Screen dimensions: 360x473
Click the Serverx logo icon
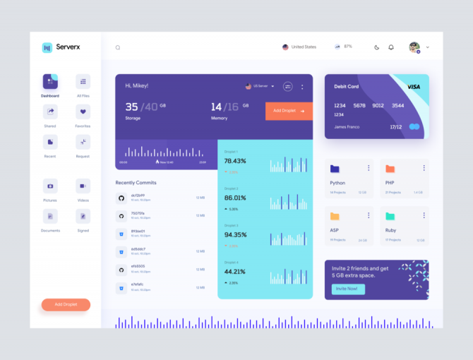click(47, 48)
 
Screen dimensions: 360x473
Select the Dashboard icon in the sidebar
click(50, 82)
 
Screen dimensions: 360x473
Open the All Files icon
click(83, 82)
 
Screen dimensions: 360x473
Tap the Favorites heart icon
click(83, 112)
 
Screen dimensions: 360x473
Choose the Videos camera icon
click(83, 186)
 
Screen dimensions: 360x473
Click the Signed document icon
click(83, 216)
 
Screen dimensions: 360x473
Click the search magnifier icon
click(118, 48)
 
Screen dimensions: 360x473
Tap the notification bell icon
click(391, 47)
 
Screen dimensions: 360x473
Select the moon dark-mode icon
click(376, 47)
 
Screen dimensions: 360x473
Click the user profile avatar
click(414, 47)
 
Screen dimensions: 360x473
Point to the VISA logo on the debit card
click(414, 86)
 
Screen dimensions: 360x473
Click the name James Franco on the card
click(346, 126)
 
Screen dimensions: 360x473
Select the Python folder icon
click(335, 169)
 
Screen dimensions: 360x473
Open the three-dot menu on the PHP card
click(424, 168)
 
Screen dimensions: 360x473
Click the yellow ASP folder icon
click(335, 216)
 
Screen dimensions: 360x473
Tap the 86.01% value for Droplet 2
click(235, 198)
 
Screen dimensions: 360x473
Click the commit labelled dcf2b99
click(138, 196)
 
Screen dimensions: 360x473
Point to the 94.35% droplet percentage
click(235, 235)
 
